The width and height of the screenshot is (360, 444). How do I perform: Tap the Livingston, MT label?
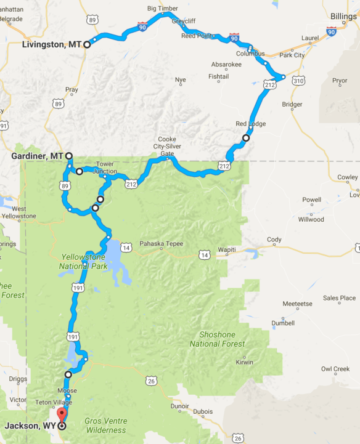click(52, 44)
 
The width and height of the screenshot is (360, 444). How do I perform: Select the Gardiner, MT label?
click(37, 156)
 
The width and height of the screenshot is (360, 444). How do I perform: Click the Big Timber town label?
click(162, 9)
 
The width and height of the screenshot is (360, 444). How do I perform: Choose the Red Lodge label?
click(251, 124)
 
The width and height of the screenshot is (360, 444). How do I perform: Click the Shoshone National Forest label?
click(218, 339)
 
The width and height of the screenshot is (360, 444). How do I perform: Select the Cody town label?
click(274, 240)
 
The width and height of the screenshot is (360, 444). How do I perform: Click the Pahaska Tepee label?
click(161, 243)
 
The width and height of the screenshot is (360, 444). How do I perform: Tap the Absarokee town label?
click(226, 63)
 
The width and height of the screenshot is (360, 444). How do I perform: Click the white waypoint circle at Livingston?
click(87, 44)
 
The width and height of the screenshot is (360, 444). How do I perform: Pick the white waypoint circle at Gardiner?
click(68, 156)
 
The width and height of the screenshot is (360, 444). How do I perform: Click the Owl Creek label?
click(335, 369)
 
